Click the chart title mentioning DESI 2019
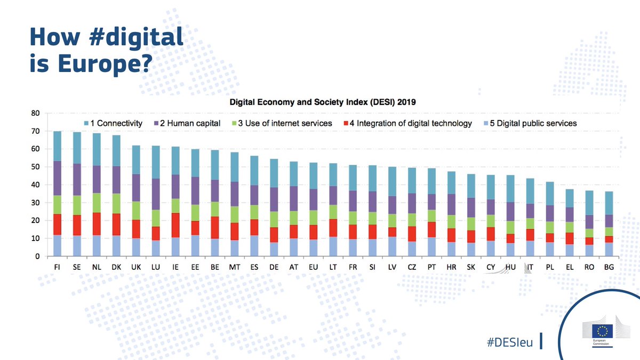323,101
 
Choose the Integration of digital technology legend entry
409,123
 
